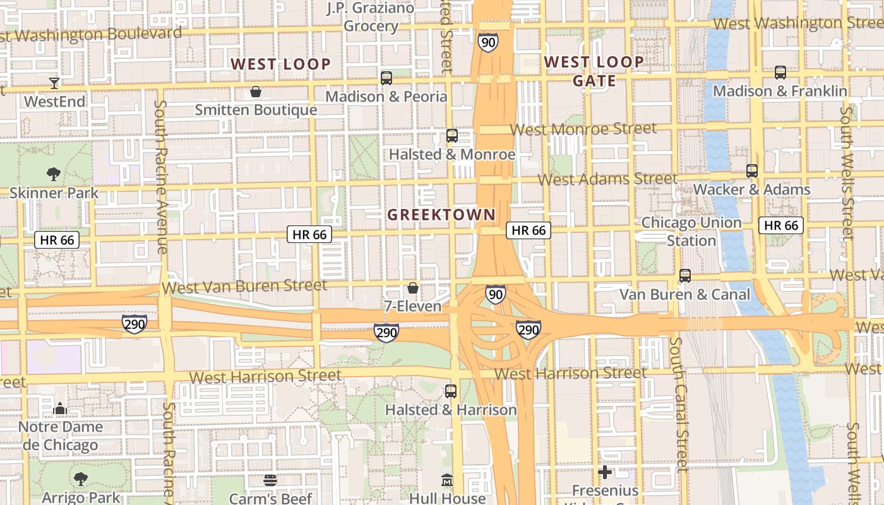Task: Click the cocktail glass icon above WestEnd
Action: (54, 83)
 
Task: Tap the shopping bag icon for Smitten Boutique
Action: (256, 92)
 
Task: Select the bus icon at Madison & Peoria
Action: (386, 78)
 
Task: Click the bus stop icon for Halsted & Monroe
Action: (451, 136)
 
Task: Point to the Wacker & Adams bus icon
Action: (751, 171)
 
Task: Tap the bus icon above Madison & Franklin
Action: (780, 73)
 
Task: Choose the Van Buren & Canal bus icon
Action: (685, 276)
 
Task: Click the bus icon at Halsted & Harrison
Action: (451, 391)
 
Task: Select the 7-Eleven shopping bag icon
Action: (413, 288)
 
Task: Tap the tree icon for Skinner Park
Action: (54, 174)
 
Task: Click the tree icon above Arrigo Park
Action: (81, 479)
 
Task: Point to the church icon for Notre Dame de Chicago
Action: (60, 408)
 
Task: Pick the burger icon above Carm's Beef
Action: (270, 480)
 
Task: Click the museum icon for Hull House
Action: (447, 480)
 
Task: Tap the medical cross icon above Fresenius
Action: (605, 472)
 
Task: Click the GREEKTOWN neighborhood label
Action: (441, 215)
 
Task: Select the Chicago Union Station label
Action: (691, 232)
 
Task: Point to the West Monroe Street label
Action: (583, 129)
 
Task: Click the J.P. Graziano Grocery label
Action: (371, 17)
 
